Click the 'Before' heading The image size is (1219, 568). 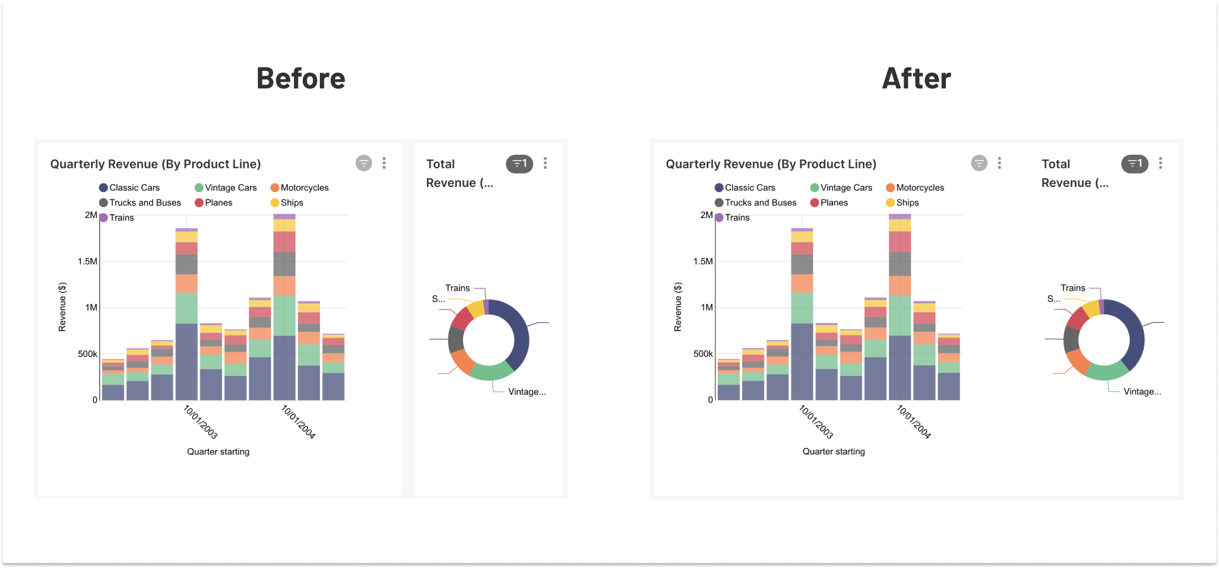click(x=301, y=79)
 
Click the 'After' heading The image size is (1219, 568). click(x=916, y=79)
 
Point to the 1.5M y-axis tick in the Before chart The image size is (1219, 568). click(x=87, y=262)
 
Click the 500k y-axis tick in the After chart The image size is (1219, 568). click(x=702, y=354)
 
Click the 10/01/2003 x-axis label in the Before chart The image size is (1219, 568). click(x=200, y=422)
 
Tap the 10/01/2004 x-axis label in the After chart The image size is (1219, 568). click(x=914, y=422)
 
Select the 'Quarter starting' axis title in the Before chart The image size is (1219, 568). click(x=218, y=452)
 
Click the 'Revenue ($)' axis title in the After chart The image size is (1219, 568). click(x=678, y=307)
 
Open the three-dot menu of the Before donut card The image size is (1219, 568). click(x=545, y=164)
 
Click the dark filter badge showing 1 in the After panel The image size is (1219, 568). click(x=1134, y=164)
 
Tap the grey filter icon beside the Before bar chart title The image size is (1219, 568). click(x=364, y=164)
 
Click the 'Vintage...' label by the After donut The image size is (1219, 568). click(x=1142, y=392)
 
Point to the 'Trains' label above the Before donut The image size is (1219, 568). click(x=457, y=288)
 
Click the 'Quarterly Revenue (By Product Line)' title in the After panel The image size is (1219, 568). click(x=771, y=164)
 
